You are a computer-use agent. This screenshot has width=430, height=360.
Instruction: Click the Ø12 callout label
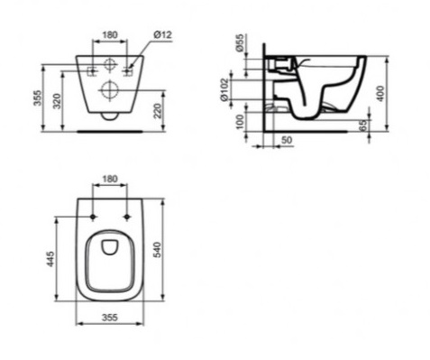163,34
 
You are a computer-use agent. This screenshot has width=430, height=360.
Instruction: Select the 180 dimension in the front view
110,34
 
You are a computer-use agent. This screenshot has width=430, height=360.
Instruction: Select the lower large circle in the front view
110,88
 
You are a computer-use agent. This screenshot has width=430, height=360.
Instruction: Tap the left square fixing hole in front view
94,69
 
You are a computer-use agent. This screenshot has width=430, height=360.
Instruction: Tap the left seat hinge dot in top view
94,217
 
